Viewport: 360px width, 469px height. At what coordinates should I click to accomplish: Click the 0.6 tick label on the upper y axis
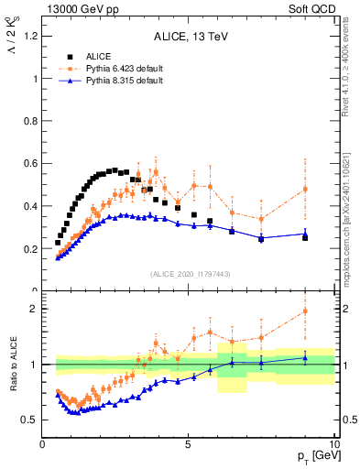(x=28, y=164)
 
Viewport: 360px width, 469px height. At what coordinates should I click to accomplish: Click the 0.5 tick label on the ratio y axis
(x=28, y=420)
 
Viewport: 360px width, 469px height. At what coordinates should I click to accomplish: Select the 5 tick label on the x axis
(x=188, y=445)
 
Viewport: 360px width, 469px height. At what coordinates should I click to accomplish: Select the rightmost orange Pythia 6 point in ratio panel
(x=305, y=311)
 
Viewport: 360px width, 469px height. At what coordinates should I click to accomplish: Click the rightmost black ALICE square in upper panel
(x=305, y=237)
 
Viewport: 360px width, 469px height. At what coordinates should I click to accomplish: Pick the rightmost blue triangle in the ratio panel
(x=305, y=357)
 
